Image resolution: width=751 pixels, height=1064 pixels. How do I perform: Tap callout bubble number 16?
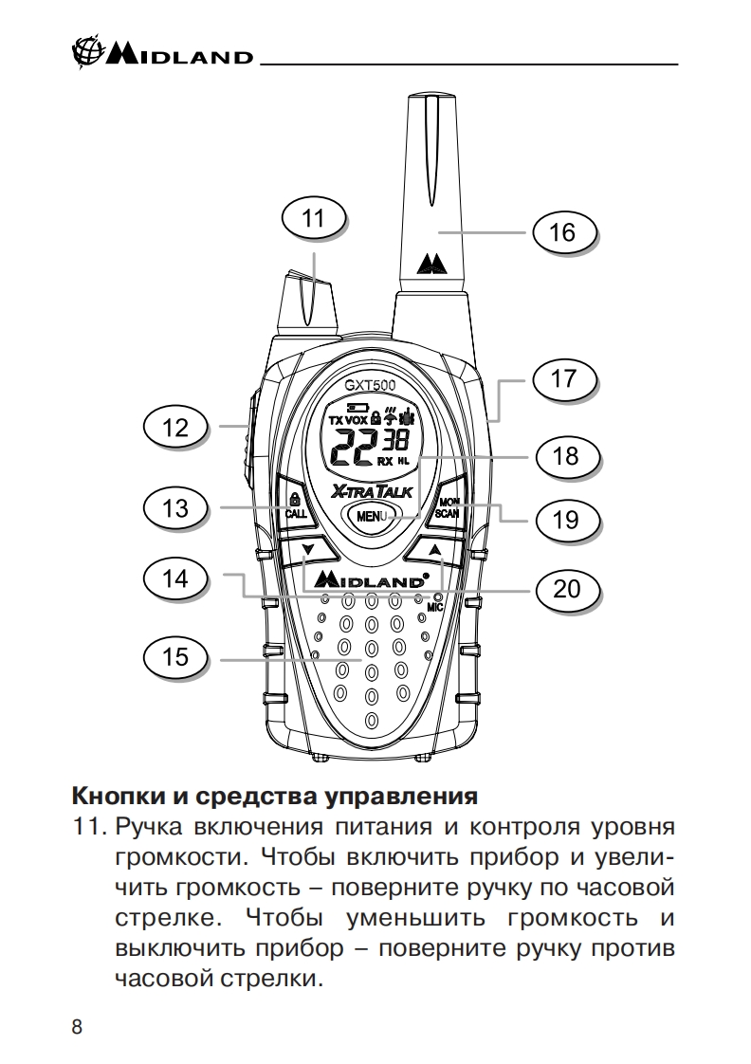(562, 231)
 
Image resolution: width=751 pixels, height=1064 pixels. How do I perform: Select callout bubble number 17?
(562, 379)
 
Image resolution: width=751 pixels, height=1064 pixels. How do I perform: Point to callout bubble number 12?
(176, 428)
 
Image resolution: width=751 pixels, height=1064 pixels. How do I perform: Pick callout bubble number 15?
(176, 656)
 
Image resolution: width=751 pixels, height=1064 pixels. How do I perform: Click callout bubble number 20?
(566, 589)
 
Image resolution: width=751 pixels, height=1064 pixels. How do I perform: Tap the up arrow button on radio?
(434, 550)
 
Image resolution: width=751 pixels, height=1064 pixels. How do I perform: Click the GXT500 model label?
(370, 386)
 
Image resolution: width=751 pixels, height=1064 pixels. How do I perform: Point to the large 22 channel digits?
(352, 445)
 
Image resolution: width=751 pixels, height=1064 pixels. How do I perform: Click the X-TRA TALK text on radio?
(372, 491)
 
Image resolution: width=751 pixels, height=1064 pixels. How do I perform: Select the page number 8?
(77, 1028)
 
